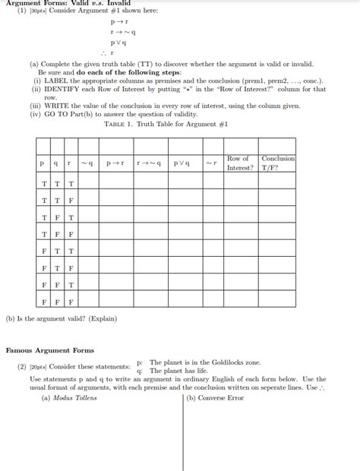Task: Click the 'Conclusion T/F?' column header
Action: pos(277,163)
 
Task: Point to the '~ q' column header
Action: pos(87,163)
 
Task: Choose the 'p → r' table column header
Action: pos(115,163)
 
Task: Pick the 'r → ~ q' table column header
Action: pos(149,163)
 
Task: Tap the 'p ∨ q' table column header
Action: pos(182,163)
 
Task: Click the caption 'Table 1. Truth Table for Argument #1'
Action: pos(166,124)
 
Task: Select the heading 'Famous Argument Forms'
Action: pos(50,350)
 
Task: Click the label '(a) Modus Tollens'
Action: pos(69,398)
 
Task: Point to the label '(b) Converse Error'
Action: pos(216,398)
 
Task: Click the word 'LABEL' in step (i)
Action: pos(55,81)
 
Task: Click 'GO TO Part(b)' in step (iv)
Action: pos(73,114)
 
